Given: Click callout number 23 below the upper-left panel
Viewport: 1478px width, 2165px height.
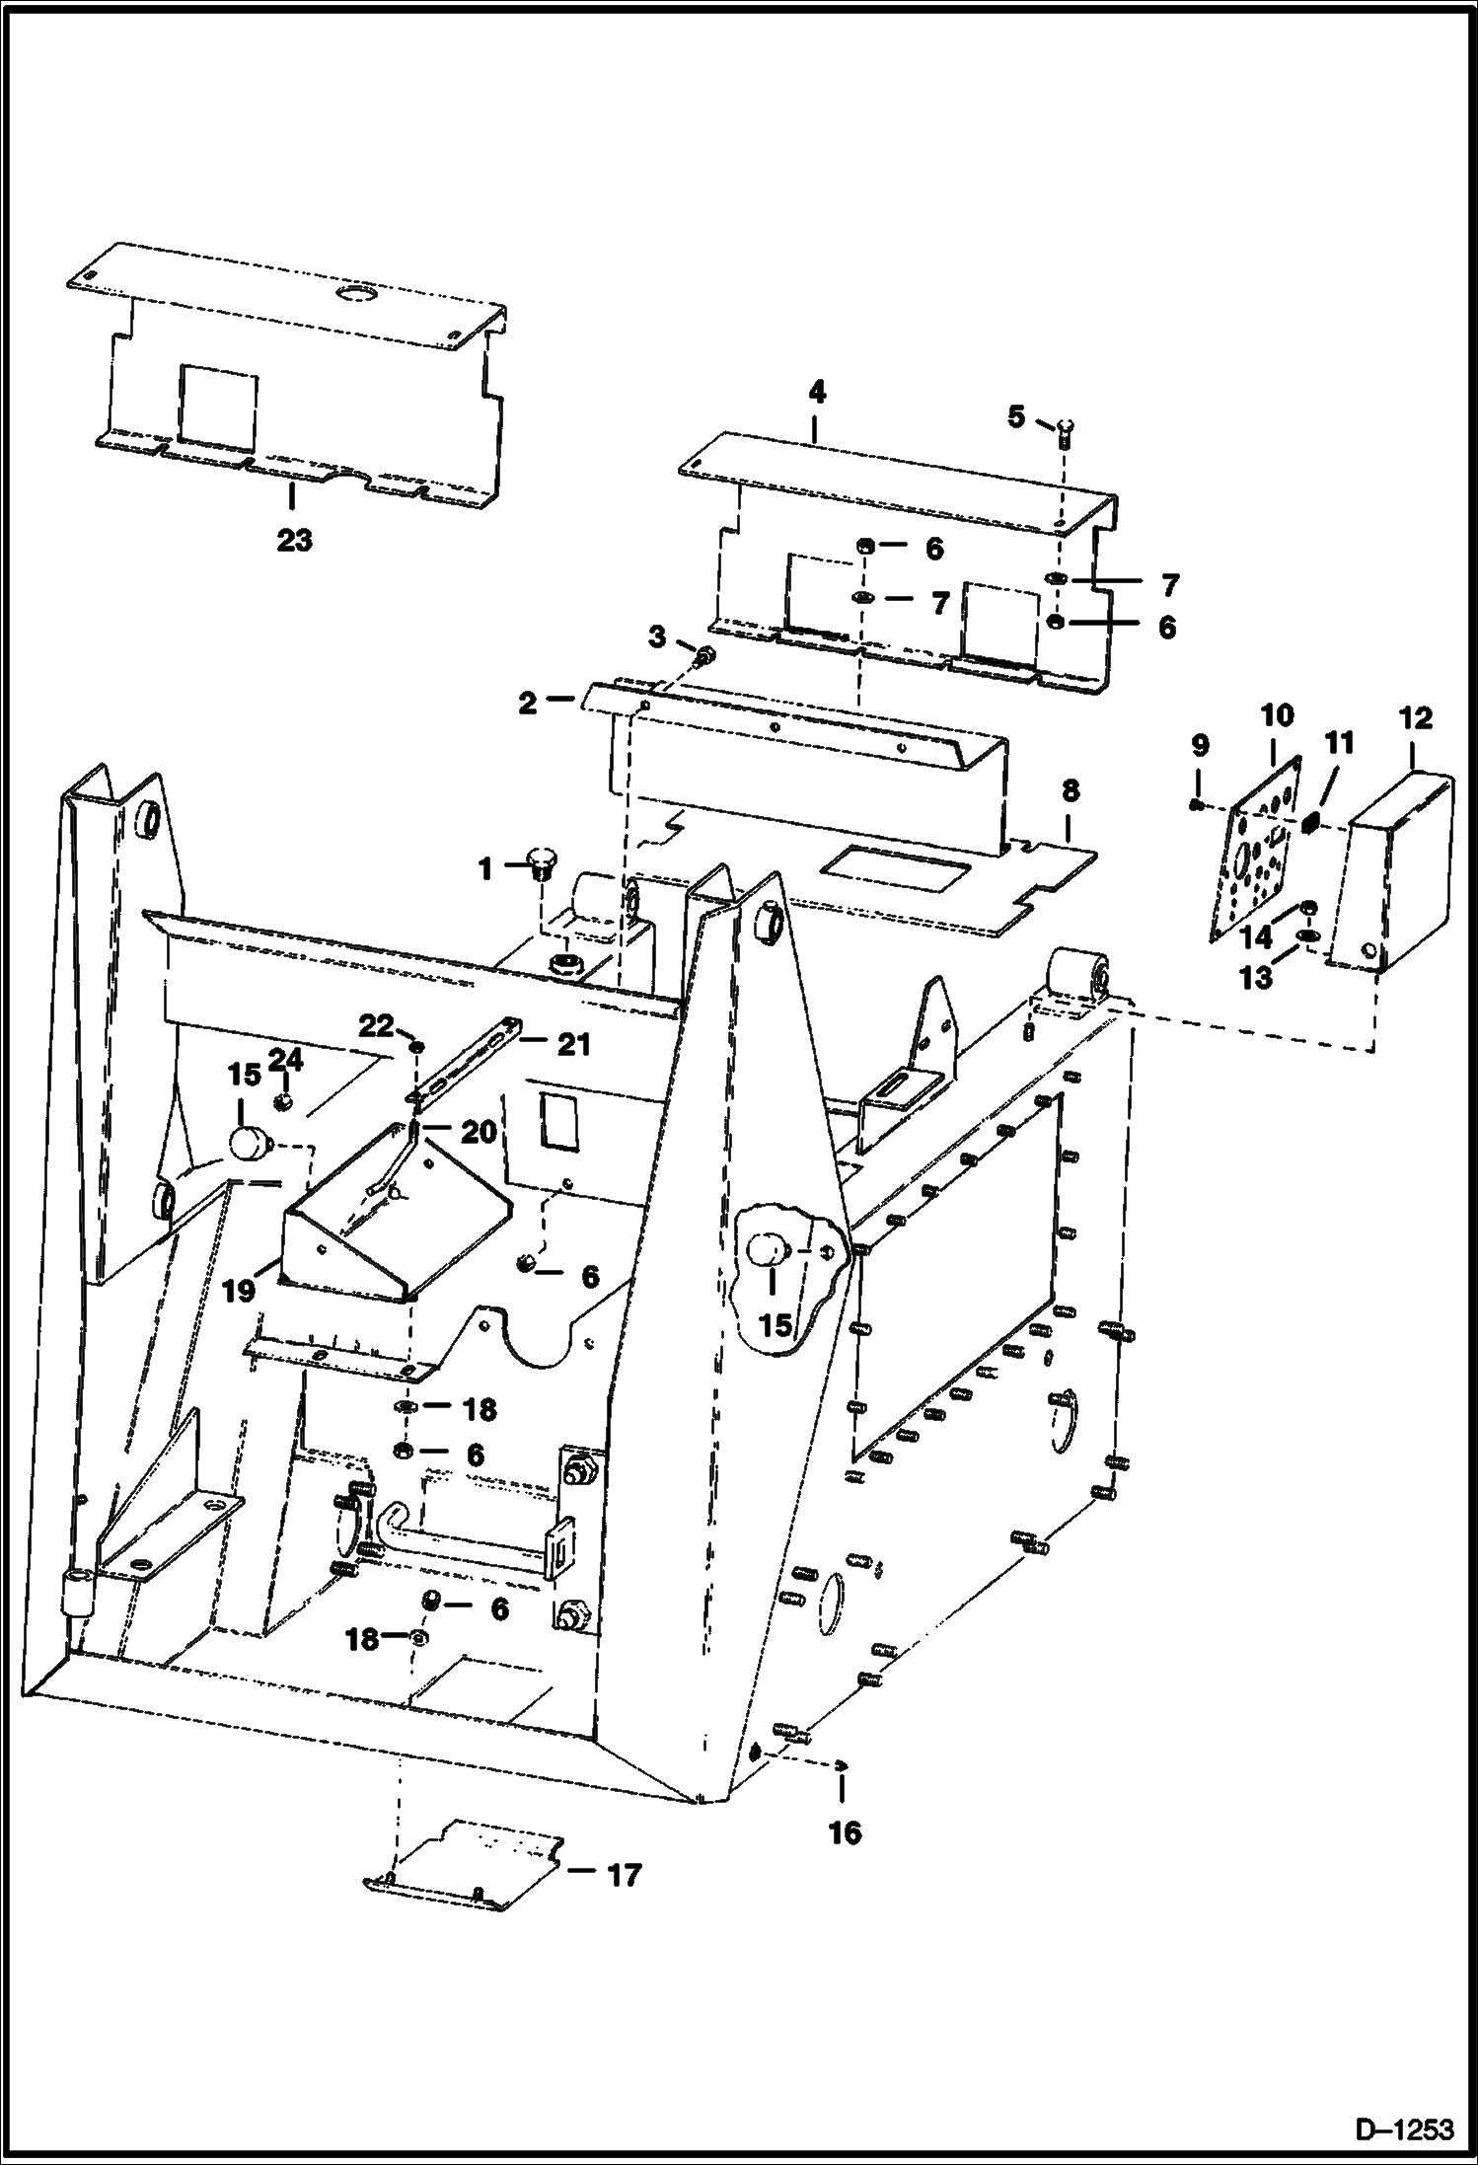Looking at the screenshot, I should coord(294,540).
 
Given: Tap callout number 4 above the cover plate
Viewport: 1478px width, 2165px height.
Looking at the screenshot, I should coord(816,393).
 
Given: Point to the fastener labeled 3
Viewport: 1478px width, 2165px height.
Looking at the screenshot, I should coord(704,656).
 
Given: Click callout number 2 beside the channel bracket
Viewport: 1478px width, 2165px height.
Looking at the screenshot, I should coord(528,703).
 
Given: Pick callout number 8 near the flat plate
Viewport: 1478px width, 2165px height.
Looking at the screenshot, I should coord(1071,790).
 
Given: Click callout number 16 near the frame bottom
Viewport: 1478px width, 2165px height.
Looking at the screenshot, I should coord(846,1832).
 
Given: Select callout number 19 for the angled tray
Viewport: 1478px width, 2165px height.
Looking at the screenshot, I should coord(240,1290).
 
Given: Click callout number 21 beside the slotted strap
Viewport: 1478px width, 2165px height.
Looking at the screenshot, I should coord(573,1043).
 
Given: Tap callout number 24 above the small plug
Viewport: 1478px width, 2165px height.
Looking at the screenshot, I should coord(286,1059).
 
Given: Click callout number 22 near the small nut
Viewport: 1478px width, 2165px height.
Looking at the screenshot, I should coord(376,1026).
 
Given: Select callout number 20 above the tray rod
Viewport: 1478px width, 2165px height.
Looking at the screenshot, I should coord(479,1131).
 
